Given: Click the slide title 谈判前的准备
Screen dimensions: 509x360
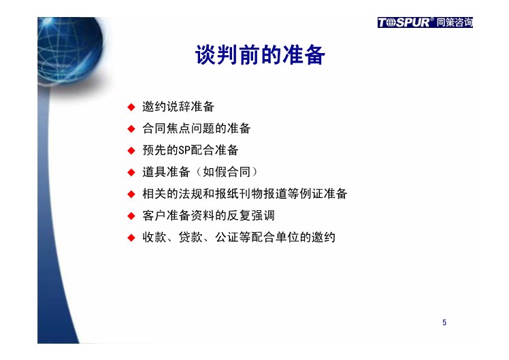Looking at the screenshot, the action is (260, 55).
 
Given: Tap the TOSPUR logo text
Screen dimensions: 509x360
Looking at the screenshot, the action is (404, 22).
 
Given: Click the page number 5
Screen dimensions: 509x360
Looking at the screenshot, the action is (444, 323).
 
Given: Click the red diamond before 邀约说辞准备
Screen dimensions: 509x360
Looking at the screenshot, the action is (131, 107).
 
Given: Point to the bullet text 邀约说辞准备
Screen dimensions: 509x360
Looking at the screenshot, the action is (178, 107).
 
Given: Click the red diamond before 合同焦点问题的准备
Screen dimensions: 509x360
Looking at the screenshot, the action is (131, 129).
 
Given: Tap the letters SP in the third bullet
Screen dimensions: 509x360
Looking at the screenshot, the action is (184, 150).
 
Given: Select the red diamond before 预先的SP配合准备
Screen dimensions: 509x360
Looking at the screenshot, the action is (131, 150).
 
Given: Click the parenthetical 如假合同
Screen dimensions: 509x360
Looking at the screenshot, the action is (227, 172).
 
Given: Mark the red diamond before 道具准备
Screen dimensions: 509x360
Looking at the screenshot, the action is (131, 172).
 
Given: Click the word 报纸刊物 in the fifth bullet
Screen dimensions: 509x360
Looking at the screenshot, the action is (239, 194).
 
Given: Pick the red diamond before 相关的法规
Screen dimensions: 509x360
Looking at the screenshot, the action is (131, 194).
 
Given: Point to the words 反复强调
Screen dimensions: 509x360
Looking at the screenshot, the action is (250, 216).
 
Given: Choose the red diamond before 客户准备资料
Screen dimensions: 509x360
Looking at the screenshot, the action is (131, 216).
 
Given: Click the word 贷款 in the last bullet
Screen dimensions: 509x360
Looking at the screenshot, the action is (191, 238).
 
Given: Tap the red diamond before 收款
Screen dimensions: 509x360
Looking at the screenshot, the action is (131, 238).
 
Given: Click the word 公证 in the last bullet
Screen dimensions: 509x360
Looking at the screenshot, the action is (227, 238).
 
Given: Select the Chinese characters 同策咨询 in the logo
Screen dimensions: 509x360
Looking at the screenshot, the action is (454, 22).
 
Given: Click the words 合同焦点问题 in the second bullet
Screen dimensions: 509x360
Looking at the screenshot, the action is (178, 129).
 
